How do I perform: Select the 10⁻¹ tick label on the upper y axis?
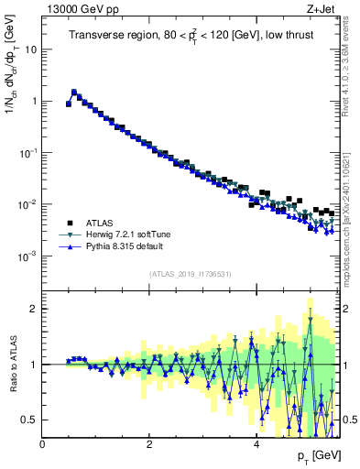pyautogui.click(x=28, y=153)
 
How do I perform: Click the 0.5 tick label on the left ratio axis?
pyautogui.click(x=29, y=420)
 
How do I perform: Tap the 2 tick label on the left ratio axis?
pyautogui.click(x=34, y=309)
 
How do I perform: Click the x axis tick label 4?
pyautogui.click(x=256, y=444)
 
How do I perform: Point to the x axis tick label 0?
pyautogui.click(x=43, y=444)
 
